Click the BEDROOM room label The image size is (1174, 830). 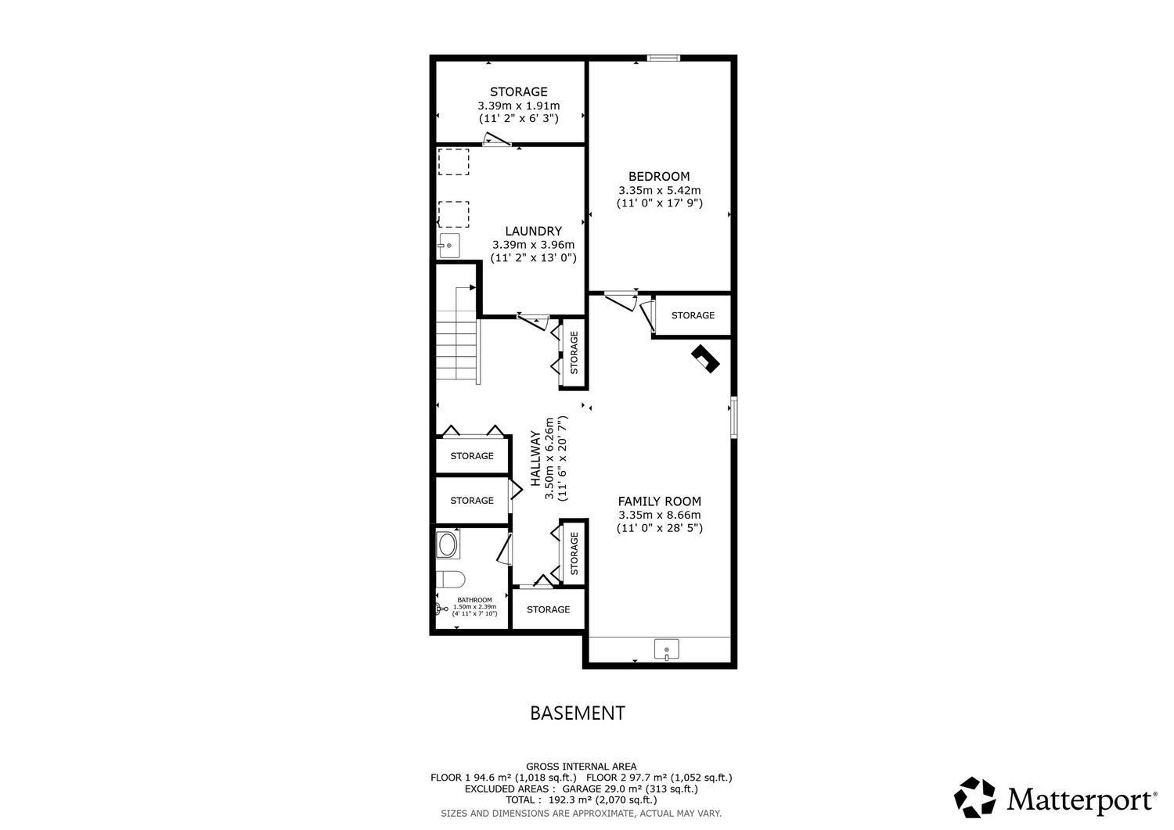click(659, 177)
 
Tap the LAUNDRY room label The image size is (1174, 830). click(533, 231)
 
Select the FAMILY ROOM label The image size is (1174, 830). click(659, 501)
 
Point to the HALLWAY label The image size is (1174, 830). click(535, 458)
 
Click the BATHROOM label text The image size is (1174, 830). click(474, 600)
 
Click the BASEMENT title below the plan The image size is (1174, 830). click(578, 713)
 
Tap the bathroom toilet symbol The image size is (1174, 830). click(451, 580)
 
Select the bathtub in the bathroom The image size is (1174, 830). click(448, 545)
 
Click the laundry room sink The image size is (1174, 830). click(449, 246)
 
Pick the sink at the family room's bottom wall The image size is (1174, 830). click(666, 649)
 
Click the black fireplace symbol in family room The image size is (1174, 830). click(705, 358)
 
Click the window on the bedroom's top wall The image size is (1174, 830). click(663, 58)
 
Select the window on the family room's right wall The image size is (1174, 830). click(734, 417)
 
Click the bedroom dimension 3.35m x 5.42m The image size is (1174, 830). click(659, 190)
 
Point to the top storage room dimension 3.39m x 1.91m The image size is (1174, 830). click(518, 106)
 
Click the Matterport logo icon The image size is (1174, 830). click(974, 797)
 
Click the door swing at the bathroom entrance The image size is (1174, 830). click(504, 549)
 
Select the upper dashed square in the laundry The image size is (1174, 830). click(453, 162)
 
